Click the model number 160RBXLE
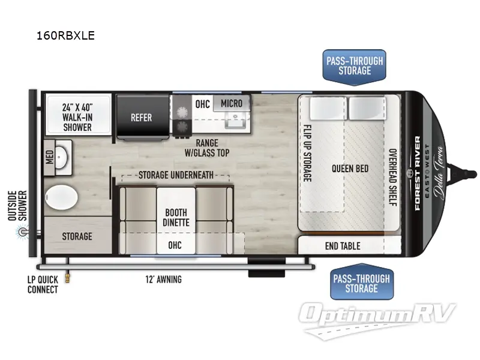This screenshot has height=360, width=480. (x=66, y=35)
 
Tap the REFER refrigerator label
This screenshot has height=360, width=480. (x=142, y=118)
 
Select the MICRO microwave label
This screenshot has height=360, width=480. (x=231, y=103)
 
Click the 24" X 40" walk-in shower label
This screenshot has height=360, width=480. (x=77, y=116)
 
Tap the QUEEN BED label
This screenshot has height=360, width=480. (x=350, y=169)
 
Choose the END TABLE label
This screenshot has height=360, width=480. (x=343, y=245)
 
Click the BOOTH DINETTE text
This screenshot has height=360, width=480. (x=176, y=217)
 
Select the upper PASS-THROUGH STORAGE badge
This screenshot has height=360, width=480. (x=354, y=66)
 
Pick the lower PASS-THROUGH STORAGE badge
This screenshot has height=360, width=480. (x=361, y=283)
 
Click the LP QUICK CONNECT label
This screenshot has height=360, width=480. (x=43, y=284)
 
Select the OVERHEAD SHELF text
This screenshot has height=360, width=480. (x=392, y=177)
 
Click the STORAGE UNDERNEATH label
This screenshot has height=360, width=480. (x=175, y=175)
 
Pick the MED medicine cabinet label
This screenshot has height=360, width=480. (x=49, y=157)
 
